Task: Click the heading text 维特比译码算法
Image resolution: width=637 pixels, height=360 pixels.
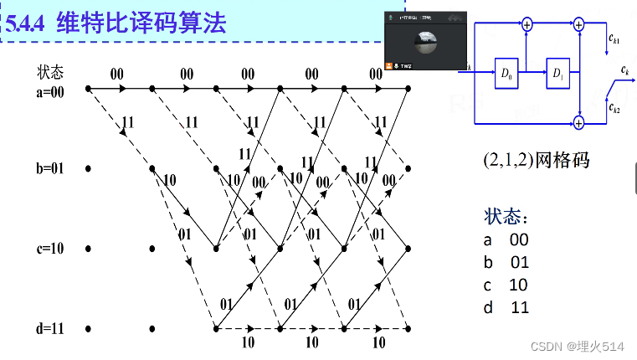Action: pyautogui.click(x=141, y=24)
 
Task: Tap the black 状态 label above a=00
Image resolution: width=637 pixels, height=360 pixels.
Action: pyautogui.click(x=50, y=73)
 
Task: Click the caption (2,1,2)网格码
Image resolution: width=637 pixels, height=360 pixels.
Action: pyautogui.click(x=536, y=160)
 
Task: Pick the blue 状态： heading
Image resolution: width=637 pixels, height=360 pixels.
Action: pyautogui.click(x=506, y=217)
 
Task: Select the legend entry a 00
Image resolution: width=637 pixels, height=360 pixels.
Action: pyautogui.click(x=506, y=239)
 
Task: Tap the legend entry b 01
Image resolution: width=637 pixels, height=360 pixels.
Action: pyautogui.click(x=506, y=262)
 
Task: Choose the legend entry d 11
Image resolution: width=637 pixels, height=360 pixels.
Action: pyautogui.click(x=506, y=307)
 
